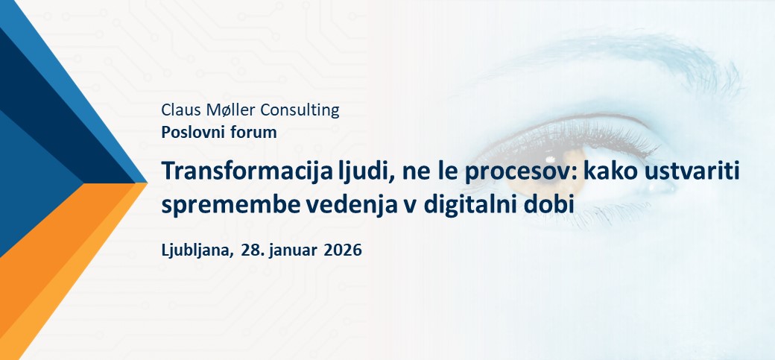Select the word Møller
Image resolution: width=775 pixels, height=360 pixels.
tap(227, 110)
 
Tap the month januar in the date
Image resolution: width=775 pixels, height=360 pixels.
tap(294, 250)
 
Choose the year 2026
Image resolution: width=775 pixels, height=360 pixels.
tap(342, 250)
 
